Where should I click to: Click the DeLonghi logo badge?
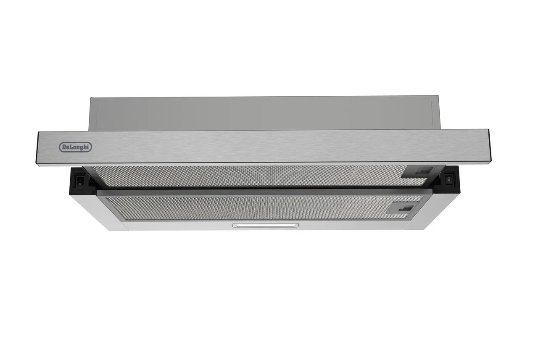click(75, 147)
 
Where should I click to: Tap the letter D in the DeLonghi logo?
click(65, 147)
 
